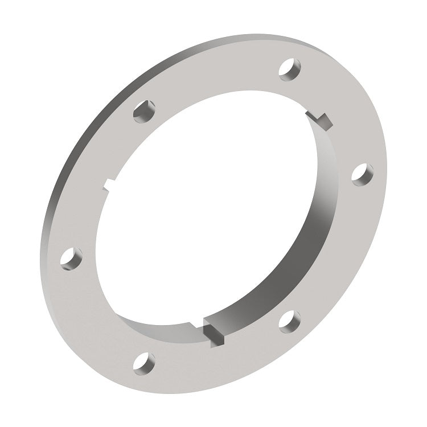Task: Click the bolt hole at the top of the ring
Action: pyautogui.click(x=290, y=69)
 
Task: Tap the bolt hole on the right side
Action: pyautogui.click(x=362, y=174)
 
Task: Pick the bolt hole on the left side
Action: pyautogui.click(x=71, y=258)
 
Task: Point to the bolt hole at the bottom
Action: pyautogui.click(x=144, y=363)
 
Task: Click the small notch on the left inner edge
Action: pyautogui.click(x=109, y=184)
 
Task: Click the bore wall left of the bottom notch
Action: pyautogui.click(x=165, y=329)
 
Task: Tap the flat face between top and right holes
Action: pyautogui.click(x=342, y=114)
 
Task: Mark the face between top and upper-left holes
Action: pyautogui.click(x=216, y=74)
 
